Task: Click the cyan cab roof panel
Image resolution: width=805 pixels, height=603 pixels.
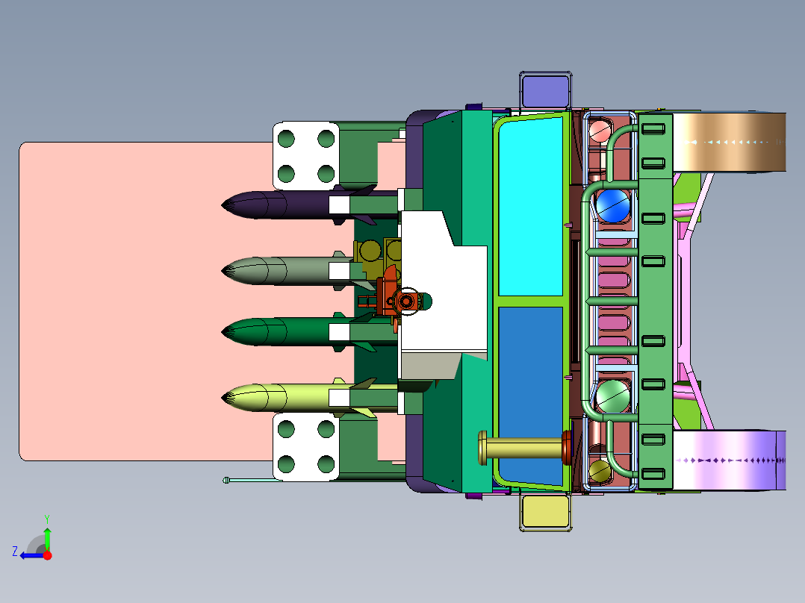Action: [x=530, y=207]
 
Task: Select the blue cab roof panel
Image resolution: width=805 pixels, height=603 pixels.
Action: [x=530, y=394]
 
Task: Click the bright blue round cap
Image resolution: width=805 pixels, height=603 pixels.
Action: [x=612, y=206]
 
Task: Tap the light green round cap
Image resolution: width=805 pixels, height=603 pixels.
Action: [x=612, y=396]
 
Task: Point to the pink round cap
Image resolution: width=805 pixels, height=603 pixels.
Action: [x=599, y=131]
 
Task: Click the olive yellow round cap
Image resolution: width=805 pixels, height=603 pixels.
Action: [x=599, y=471]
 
